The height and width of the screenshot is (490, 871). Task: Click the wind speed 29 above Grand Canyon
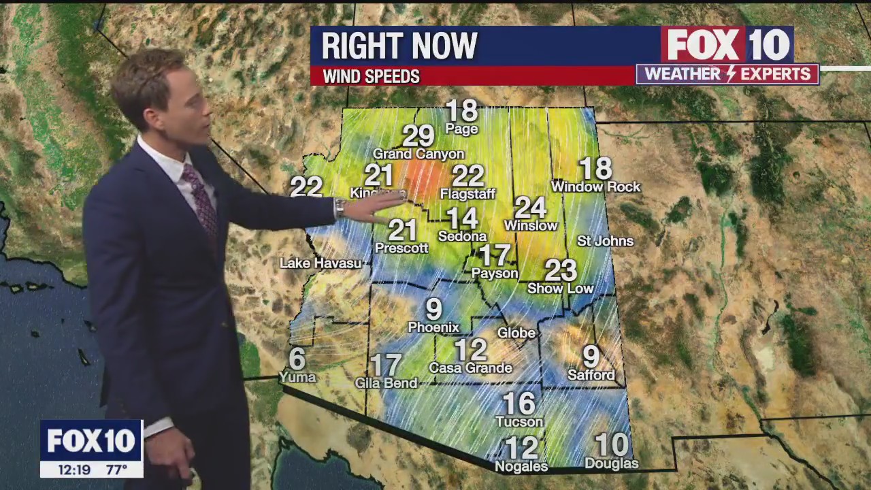pos(418,136)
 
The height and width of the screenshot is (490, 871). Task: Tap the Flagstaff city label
pos(467,194)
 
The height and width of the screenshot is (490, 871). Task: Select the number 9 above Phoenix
pos(434,310)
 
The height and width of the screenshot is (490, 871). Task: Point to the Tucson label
pos(519,422)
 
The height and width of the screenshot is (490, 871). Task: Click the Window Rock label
pos(596,186)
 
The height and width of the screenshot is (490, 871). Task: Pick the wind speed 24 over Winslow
pos(531,207)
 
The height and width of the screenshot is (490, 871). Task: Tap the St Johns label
pos(605,241)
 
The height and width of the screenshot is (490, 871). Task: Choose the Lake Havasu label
pos(321,263)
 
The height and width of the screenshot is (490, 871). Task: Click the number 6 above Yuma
pos(297,358)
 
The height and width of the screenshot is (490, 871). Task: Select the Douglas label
pos(612,464)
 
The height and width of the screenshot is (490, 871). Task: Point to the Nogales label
pos(521,467)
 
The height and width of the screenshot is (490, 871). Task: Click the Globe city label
pos(516,333)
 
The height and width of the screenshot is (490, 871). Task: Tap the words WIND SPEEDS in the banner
pos(371,77)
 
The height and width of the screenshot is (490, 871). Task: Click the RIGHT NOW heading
pos(399,46)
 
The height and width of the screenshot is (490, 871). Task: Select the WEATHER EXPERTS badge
pos(727,74)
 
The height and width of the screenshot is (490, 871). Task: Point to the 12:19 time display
pos(74,470)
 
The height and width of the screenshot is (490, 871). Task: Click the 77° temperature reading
pos(116,470)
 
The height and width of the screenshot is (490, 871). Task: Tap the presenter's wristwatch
pos(339,208)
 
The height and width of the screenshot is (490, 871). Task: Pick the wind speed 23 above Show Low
pos(561,271)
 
